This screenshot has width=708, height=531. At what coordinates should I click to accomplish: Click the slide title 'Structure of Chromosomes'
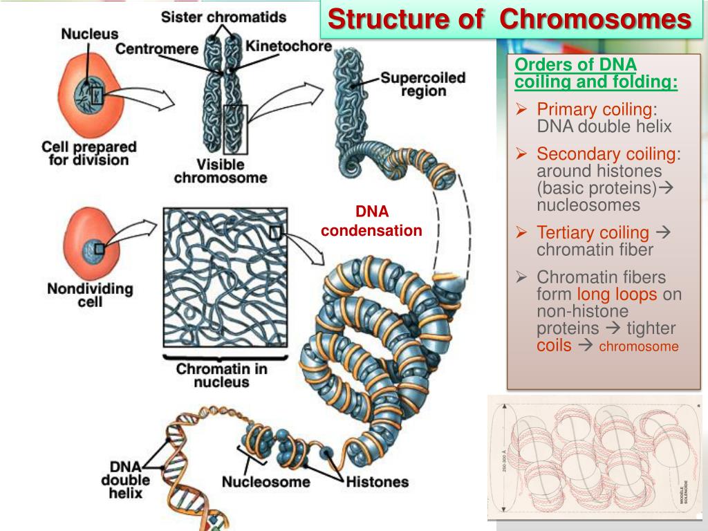(509, 19)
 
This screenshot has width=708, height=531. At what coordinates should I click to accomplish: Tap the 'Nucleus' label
(90, 32)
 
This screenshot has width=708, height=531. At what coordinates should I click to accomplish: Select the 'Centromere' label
(156, 48)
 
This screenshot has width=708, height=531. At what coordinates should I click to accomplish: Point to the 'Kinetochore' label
(289, 47)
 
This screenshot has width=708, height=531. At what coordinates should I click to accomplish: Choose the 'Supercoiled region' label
(422, 84)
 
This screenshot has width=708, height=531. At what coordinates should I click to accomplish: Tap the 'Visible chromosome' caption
(220, 171)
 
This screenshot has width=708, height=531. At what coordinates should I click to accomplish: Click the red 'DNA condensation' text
(371, 221)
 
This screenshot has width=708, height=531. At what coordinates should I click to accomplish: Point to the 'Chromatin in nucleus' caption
(221, 375)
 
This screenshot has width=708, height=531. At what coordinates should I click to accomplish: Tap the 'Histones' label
(376, 481)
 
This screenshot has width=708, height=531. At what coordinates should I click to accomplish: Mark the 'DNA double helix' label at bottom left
(125, 479)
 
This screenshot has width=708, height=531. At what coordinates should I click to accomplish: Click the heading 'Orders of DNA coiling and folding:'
(595, 74)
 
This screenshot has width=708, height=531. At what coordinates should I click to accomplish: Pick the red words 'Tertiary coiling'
(593, 233)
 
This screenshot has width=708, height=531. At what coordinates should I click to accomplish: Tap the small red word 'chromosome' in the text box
(638, 346)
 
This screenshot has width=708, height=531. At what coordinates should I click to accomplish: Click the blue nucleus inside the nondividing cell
(97, 248)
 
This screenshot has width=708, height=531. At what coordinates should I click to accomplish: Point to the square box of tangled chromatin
(225, 277)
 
